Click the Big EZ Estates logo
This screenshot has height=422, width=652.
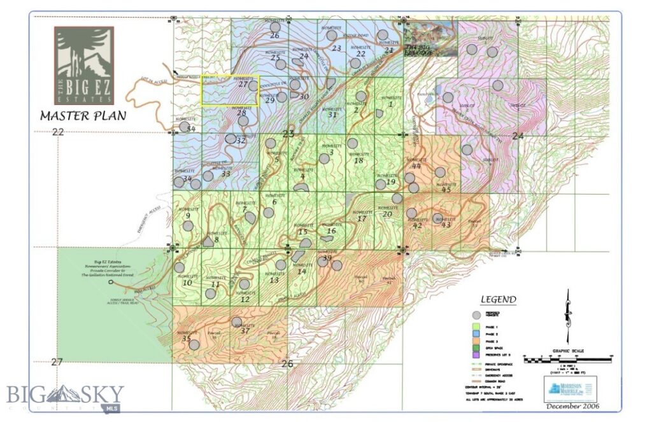point(83,65)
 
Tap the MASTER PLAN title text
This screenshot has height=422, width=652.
point(83,116)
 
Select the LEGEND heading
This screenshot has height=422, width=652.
point(498,300)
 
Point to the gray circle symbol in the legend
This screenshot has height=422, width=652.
point(475,315)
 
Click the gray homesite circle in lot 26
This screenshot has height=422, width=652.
point(274,27)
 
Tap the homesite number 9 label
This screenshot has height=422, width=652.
point(188,216)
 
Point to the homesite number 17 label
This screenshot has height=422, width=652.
point(362,219)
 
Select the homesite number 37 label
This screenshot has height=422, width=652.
point(244,330)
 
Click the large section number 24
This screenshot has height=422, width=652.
point(517,136)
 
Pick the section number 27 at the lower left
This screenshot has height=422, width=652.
point(57,362)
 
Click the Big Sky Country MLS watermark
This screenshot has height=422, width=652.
point(65,395)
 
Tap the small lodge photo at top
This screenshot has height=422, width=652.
point(430,39)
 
